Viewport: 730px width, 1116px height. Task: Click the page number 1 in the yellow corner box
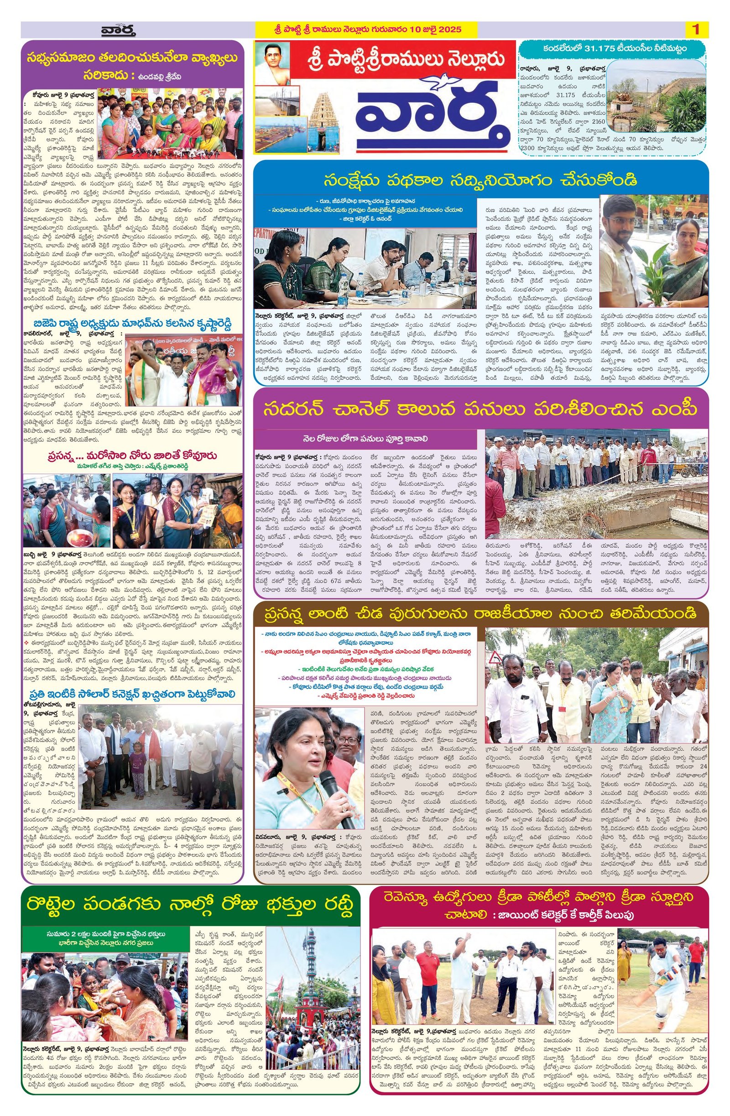tap(695, 30)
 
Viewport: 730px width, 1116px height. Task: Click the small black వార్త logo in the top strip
tap(118, 31)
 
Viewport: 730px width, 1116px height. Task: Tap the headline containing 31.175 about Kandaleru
tap(612, 48)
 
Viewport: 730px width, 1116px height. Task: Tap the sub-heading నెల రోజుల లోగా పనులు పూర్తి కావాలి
tap(364, 439)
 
